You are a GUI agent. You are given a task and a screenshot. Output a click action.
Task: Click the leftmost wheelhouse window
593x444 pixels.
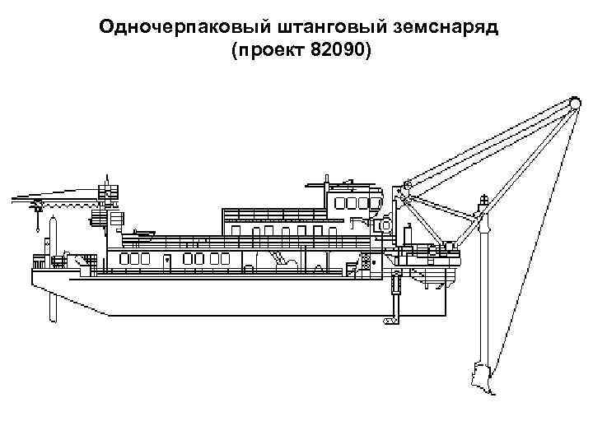click(x=339, y=202)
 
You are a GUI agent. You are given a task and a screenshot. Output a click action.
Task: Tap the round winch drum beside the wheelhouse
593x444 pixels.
click(x=383, y=224)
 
